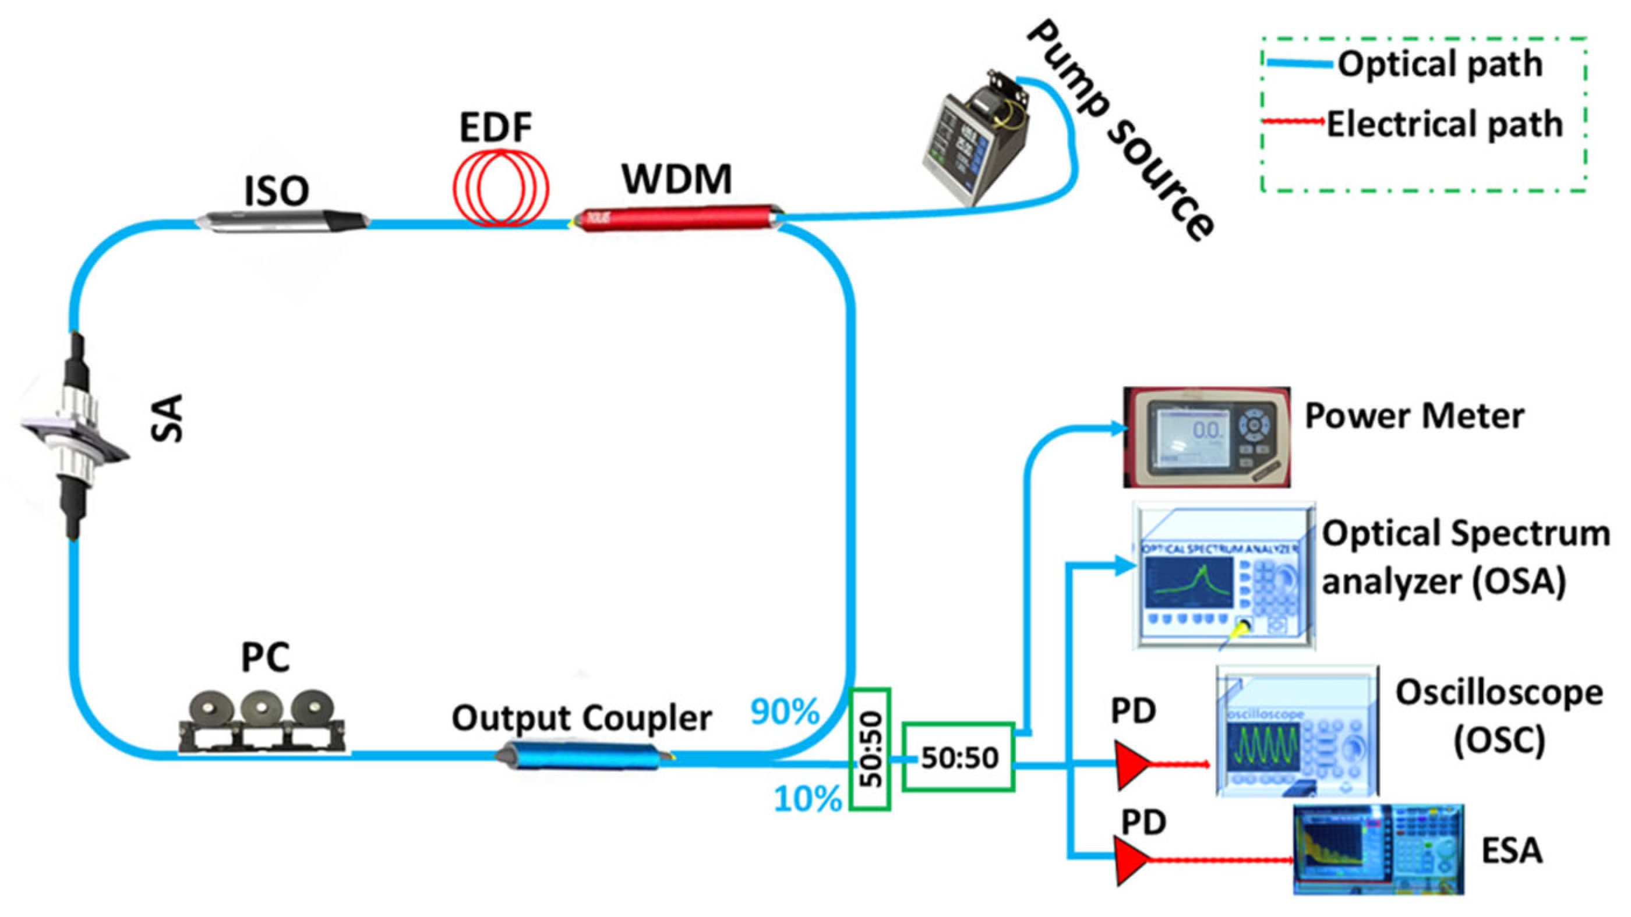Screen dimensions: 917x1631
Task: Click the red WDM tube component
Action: [677, 218]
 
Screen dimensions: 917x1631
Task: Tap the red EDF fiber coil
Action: [500, 187]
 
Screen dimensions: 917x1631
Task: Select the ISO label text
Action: [277, 190]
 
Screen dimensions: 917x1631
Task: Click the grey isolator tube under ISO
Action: [282, 221]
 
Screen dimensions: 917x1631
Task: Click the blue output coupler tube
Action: [580, 756]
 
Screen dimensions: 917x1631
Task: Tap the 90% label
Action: [785, 711]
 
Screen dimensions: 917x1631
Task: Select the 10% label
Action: [808, 799]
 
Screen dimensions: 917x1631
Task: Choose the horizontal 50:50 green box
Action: [959, 757]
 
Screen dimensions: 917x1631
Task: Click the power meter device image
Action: [1206, 437]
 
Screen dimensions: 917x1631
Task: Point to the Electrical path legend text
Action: [1444, 124]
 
